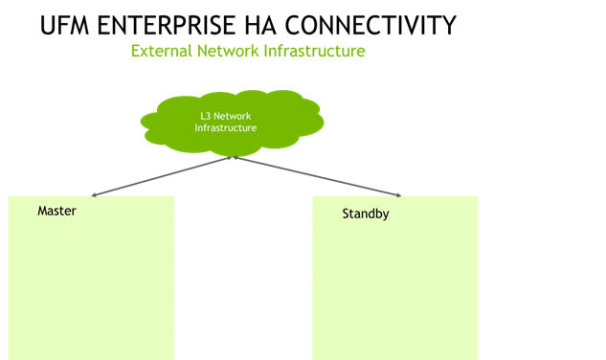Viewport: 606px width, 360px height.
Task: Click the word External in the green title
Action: pos(160,51)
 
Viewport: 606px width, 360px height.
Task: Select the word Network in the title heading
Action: pos(227,51)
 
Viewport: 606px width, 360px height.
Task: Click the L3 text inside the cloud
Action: pos(205,116)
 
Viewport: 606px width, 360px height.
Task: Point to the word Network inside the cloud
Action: pos(233,116)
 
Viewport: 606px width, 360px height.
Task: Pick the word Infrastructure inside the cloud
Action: pos(219,127)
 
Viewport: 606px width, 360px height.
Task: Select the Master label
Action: pos(56,211)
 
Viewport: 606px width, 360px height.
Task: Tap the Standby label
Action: pos(365,214)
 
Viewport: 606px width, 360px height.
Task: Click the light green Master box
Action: pos(91,287)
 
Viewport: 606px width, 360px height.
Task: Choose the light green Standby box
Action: pos(394,287)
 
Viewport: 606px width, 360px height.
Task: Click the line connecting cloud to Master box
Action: pos(163,176)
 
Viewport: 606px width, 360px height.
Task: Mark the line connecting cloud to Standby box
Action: pos(316,176)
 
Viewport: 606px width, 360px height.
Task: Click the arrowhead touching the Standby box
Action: pos(397,194)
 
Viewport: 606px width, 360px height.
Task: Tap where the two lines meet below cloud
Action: pos(235,158)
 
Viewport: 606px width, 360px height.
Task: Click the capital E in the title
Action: pos(135,51)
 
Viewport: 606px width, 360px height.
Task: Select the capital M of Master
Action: pos(42,211)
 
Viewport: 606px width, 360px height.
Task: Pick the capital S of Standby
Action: pos(346,214)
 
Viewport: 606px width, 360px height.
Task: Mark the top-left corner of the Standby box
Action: pos(312,196)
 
